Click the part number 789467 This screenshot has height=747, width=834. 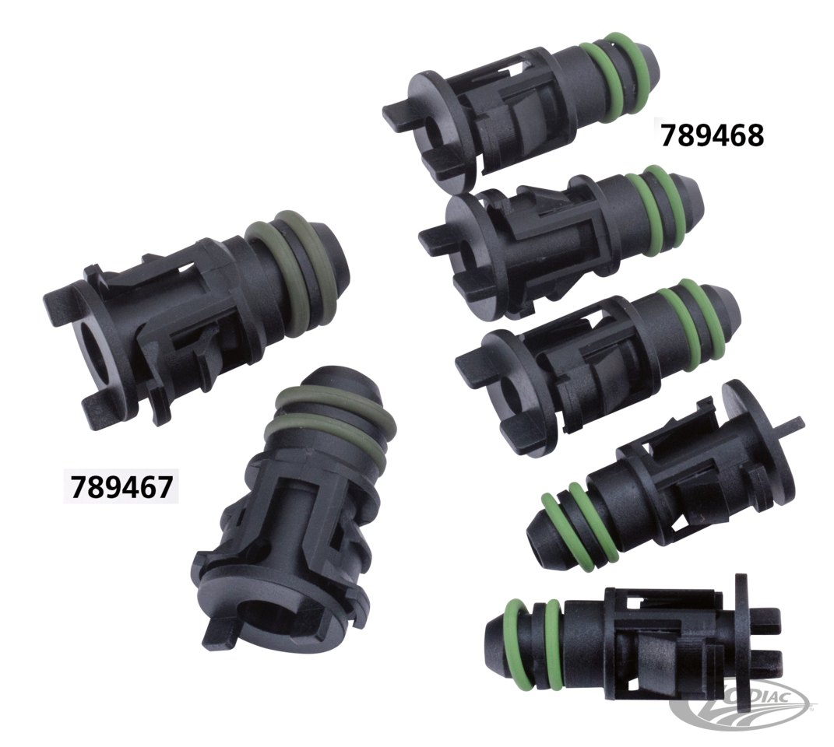click(x=121, y=486)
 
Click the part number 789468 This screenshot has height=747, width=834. click(x=713, y=135)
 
